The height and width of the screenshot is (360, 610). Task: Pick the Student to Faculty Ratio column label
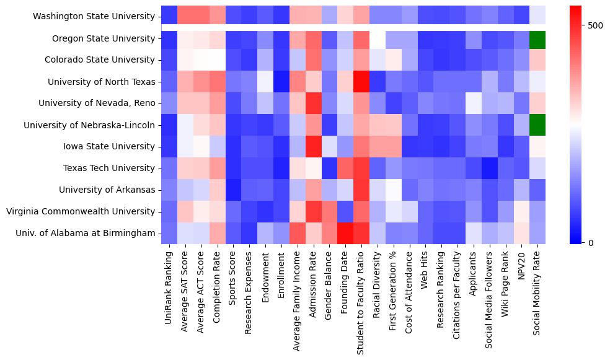pos(361,294)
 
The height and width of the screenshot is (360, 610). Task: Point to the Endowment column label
pos(265,273)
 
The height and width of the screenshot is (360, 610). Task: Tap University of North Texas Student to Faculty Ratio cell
pos(361,82)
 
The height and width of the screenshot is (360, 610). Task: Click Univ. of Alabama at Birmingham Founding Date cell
pos(345,233)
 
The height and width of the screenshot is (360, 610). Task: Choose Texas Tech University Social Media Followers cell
pos(490,168)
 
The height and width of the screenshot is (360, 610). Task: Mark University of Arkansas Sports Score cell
pos(232,190)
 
